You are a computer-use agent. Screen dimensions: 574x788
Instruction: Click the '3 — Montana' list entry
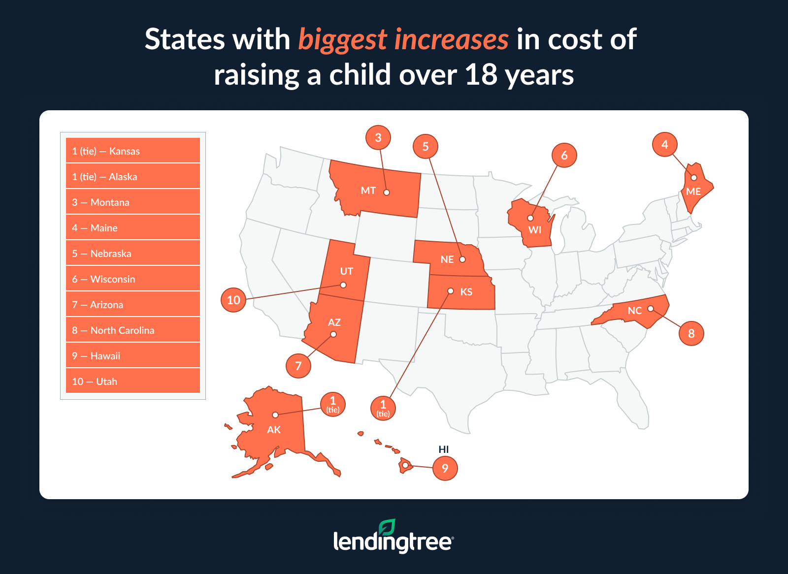coord(132,202)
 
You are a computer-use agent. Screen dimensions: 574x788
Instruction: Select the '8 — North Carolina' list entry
coord(132,330)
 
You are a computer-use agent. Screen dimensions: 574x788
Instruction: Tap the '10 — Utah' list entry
coord(132,382)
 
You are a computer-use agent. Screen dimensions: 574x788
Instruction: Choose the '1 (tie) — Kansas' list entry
coord(132,151)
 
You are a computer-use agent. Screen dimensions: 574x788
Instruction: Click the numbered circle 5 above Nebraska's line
coord(426,146)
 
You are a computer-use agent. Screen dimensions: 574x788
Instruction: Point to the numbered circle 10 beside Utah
coord(233,300)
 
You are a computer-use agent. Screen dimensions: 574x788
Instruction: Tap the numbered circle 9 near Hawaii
coord(445,468)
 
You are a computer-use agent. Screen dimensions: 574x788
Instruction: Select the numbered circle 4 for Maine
coord(664,145)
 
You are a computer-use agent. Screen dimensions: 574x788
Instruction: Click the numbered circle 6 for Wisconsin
coord(564,156)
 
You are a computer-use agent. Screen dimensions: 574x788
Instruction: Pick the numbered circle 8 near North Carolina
coord(691,333)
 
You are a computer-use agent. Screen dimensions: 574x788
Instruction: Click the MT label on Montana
coord(368,191)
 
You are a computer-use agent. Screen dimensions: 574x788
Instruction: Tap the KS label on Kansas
coord(466,292)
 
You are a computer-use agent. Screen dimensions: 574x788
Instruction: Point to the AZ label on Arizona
coord(334,322)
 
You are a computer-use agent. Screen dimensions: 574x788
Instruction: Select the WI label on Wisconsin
coord(534,230)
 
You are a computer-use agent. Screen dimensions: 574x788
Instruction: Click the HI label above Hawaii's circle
coord(443,449)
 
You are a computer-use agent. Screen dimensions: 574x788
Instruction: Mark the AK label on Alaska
coord(273,430)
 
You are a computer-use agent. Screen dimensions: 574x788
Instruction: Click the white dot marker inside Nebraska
coord(462,259)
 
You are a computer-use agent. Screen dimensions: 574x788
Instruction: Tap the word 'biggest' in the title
coord(343,39)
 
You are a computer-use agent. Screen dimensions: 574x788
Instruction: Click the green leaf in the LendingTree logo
coord(387,527)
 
